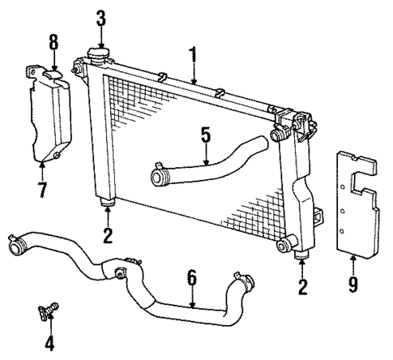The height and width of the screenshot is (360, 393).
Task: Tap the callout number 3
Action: coord(100,17)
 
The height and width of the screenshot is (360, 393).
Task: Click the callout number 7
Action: coord(41,190)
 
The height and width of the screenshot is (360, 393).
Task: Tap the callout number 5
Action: coord(205,134)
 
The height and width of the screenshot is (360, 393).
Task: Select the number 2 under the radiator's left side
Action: coord(106,236)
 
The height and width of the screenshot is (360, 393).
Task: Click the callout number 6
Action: coord(191,278)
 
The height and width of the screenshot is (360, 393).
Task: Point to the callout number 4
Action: coord(49,343)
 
